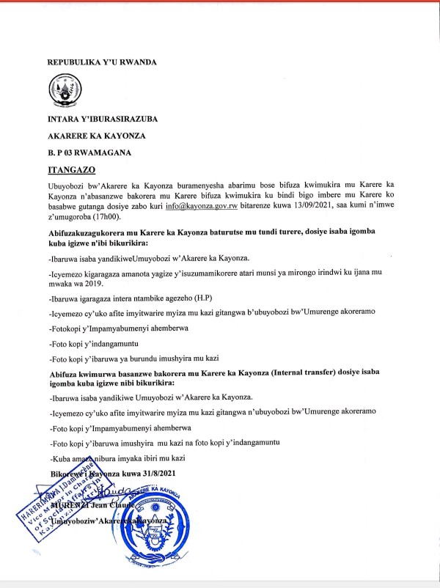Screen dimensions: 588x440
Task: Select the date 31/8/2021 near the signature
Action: (150, 472)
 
